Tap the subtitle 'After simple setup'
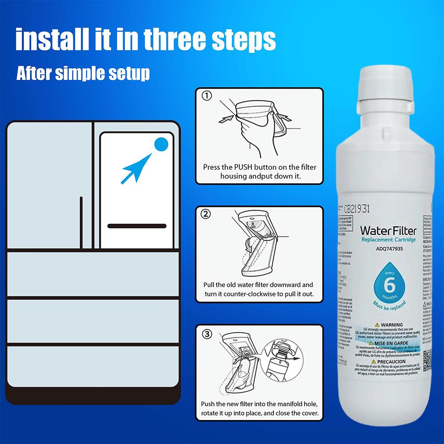83,73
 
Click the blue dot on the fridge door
161,144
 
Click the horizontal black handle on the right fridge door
136,226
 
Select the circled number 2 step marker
206,214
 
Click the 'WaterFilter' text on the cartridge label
388,230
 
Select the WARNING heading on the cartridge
391,325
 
